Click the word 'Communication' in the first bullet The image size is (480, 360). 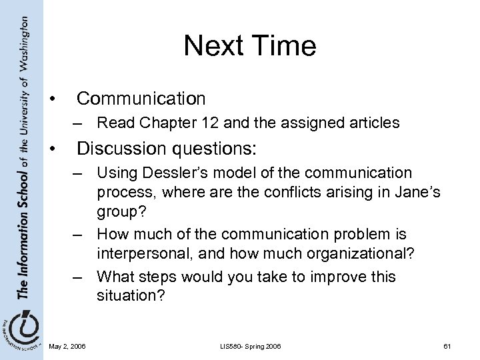point(141,99)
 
